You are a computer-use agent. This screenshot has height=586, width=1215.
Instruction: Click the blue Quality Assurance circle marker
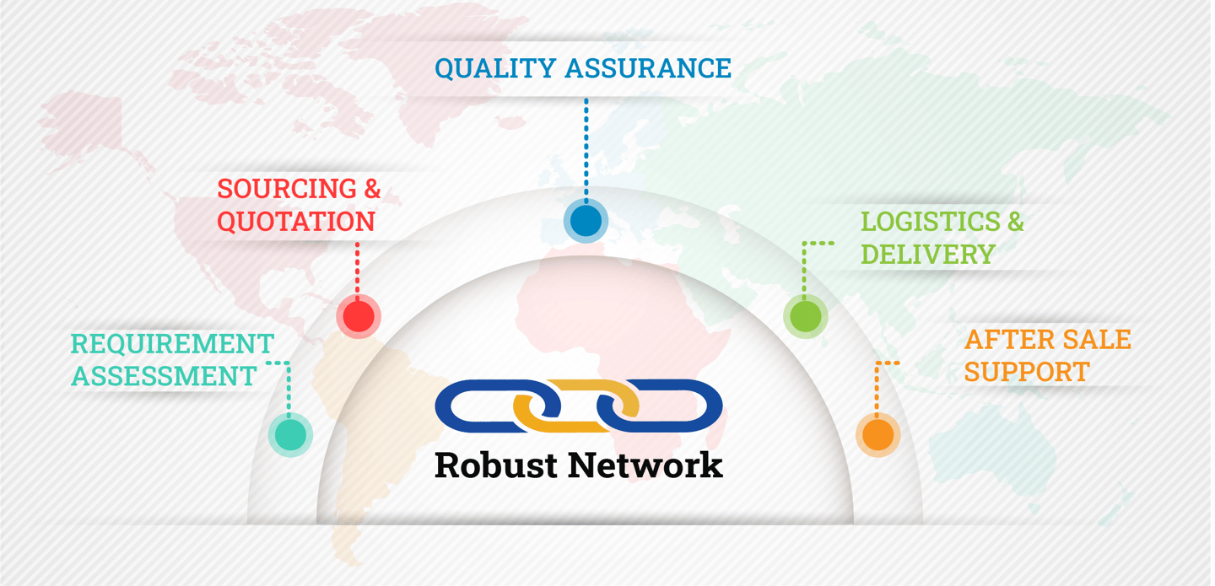(x=586, y=221)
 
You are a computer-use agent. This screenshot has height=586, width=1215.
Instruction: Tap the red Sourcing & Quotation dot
(x=359, y=316)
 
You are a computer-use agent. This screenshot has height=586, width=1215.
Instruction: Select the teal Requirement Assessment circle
(x=290, y=434)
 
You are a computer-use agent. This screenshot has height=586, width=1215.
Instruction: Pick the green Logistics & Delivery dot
(x=805, y=316)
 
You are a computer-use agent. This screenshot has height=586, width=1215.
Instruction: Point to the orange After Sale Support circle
(x=877, y=435)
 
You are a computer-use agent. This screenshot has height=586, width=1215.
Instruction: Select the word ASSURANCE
(x=648, y=68)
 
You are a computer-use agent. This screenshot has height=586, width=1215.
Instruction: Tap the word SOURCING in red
(x=275, y=189)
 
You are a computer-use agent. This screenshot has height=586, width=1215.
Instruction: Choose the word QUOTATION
(x=296, y=222)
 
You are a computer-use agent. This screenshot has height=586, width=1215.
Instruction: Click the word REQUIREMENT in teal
(x=172, y=344)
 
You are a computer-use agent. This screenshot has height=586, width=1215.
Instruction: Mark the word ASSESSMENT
(x=164, y=376)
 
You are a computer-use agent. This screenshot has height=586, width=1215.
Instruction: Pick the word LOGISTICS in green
(x=918, y=222)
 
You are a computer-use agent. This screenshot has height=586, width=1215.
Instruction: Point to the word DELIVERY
(x=928, y=255)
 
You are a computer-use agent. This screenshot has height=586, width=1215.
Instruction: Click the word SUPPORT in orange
(x=1027, y=372)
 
